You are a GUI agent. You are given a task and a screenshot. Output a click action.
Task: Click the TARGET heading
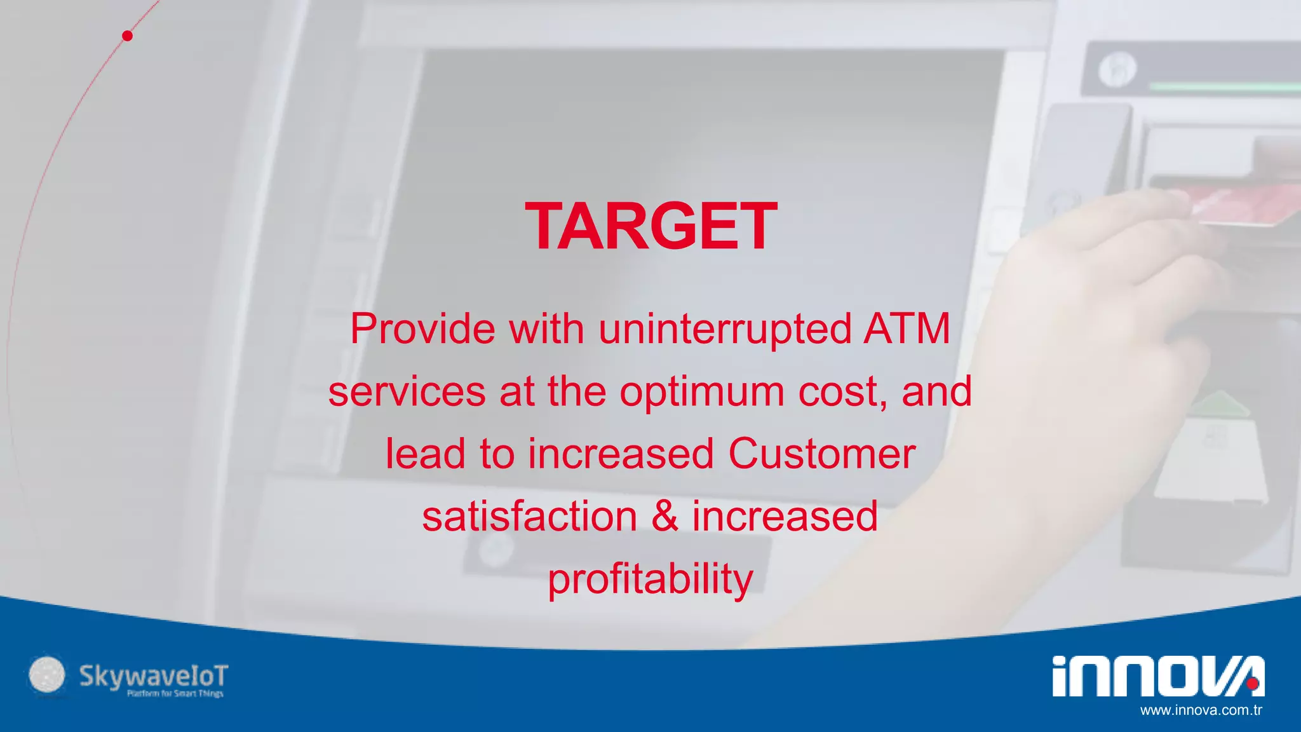click(651, 226)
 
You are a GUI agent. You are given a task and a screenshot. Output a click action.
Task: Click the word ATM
click(907, 329)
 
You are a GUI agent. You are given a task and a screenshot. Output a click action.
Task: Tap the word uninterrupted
click(725, 329)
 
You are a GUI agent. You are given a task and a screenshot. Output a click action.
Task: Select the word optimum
click(701, 391)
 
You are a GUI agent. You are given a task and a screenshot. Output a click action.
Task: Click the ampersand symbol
click(664, 516)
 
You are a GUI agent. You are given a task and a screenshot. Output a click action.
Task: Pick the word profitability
click(650, 579)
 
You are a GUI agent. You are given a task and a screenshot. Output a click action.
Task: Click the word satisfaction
click(530, 516)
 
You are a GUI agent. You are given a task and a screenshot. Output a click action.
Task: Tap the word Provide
click(422, 329)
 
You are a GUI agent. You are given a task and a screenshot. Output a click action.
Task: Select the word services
click(407, 391)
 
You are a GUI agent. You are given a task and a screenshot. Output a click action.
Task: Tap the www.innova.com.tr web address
click(1201, 710)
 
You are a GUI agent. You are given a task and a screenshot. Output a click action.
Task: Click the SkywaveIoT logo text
click(153, 676)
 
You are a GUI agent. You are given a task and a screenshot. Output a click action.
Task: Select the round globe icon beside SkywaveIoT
click(47, 675)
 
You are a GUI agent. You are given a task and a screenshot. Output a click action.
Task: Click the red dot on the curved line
click(128, 36)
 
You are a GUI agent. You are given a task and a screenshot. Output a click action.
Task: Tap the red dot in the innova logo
click(1252, 684)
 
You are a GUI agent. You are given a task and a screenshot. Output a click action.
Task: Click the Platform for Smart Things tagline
click(175, 694)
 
